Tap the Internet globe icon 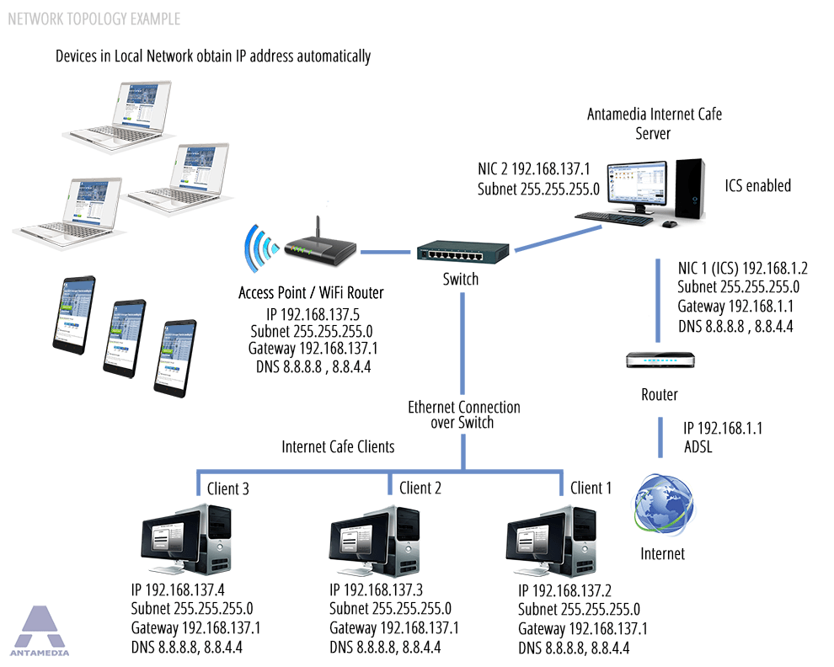663,506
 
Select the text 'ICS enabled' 758,185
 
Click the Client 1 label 591,488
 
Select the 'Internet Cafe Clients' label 338,446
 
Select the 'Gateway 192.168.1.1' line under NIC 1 735,306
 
